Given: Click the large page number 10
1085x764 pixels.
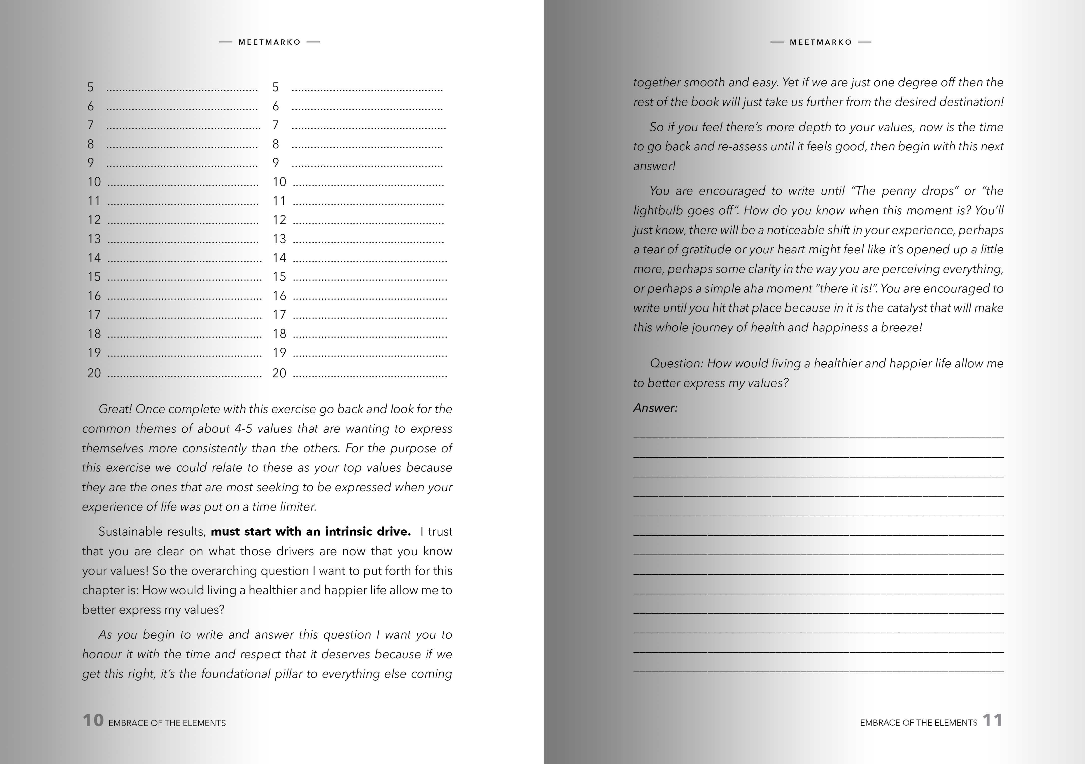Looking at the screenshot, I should (x=93, y=720).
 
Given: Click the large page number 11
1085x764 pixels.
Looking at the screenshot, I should (x=992, y=720).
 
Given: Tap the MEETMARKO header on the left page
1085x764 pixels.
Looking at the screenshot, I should (x=269, y=42).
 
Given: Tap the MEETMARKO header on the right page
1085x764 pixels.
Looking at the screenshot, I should (x=821, y=42).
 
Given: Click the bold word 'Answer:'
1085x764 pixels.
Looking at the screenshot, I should (x=655, y=408).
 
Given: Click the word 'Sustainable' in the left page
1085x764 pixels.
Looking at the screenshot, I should (x=127, y=532).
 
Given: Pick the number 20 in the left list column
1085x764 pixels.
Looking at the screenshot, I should (x=94, y=373).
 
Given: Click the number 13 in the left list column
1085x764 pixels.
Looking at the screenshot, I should (x=94, y=239).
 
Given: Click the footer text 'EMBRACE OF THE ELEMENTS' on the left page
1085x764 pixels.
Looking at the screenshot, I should (x=167, y=723).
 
